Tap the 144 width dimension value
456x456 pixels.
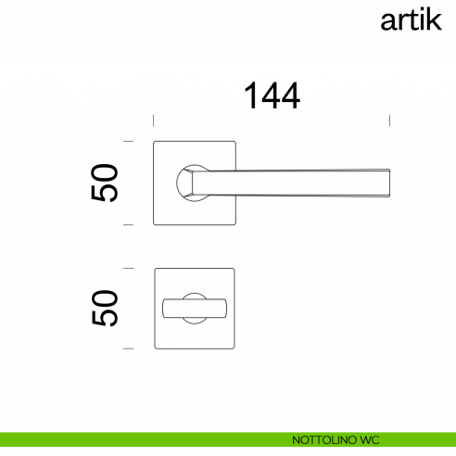(x=272, y=95)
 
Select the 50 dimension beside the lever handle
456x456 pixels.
(x=105, y=184)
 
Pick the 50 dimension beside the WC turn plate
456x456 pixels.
(x=105, y=308)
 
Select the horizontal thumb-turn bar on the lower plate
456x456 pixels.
(x=194, y=308)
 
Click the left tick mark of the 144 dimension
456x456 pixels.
(x=153, y=119)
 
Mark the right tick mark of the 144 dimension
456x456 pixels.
(x=390, y=119)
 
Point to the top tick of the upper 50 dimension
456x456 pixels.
(x=129, y=142)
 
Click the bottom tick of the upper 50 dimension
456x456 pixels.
(x=129, y=224)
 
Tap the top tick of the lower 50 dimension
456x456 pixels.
(x=129, y=268)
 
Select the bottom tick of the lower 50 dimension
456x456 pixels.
(x=129, y=348)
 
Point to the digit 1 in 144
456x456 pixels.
(x=250, y=95)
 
